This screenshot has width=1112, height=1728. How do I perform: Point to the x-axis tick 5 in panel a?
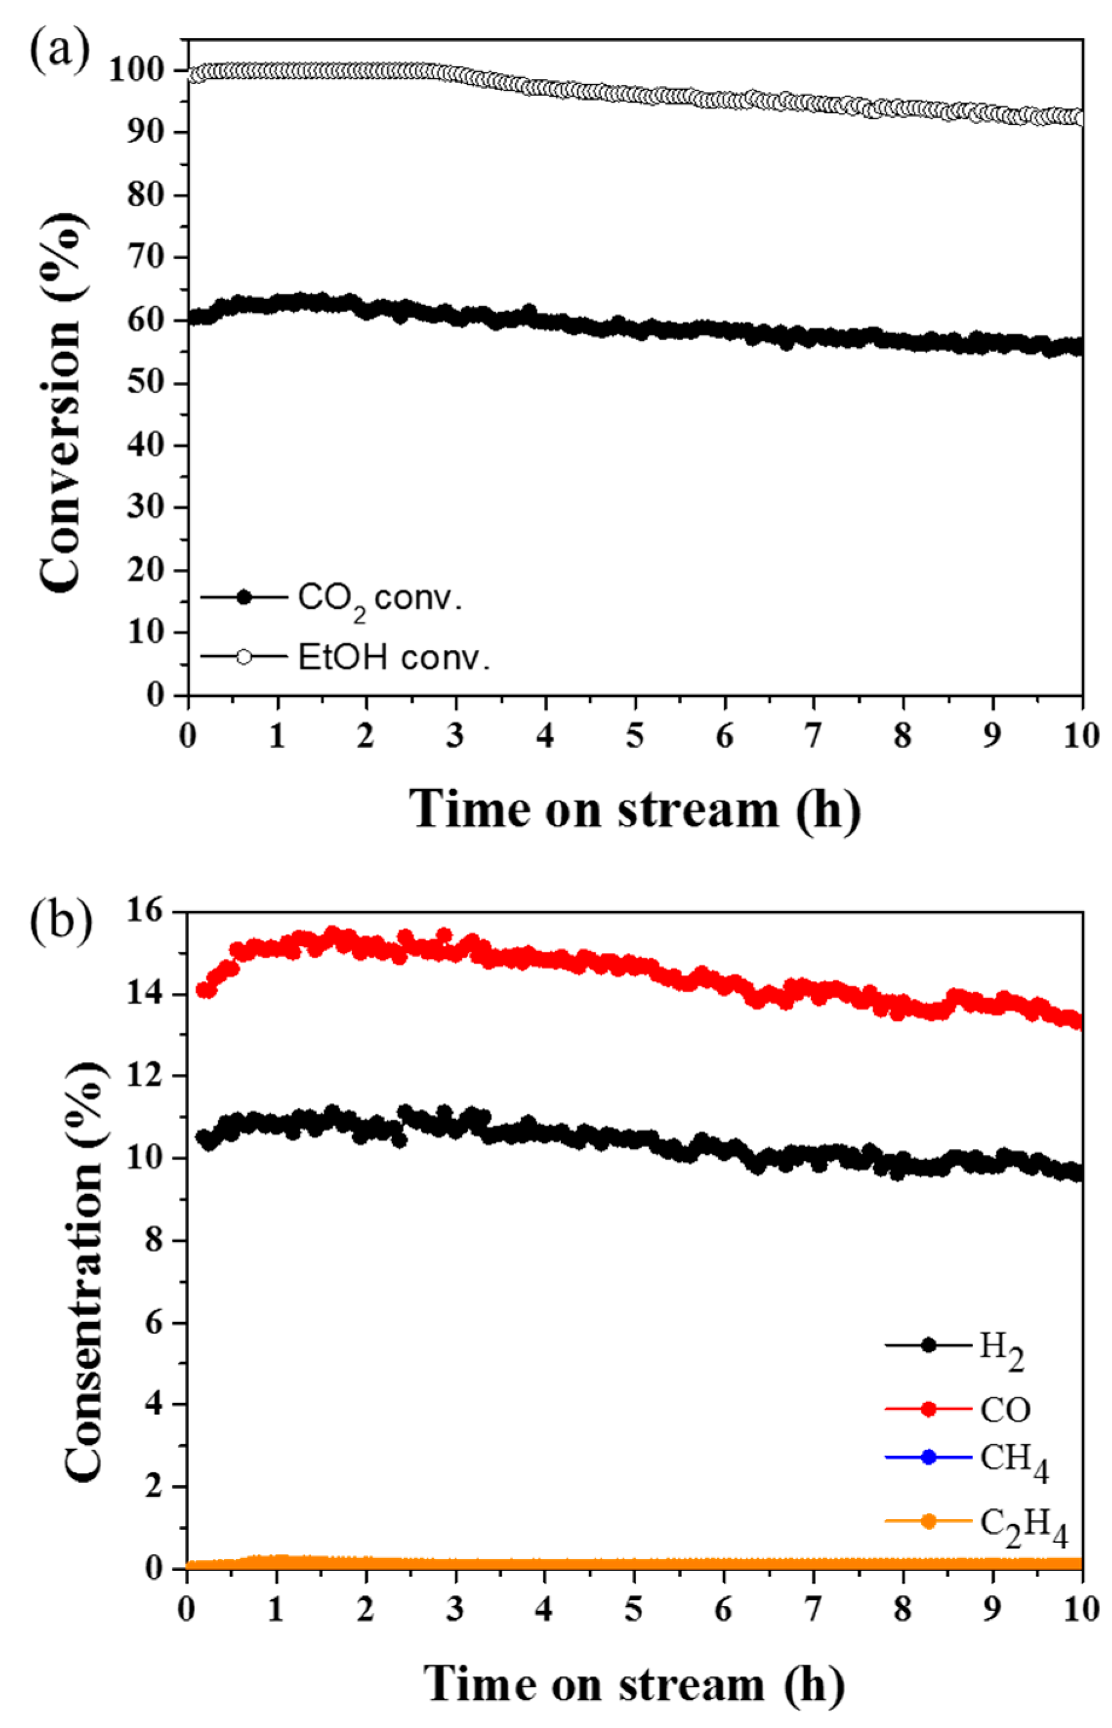635,736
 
